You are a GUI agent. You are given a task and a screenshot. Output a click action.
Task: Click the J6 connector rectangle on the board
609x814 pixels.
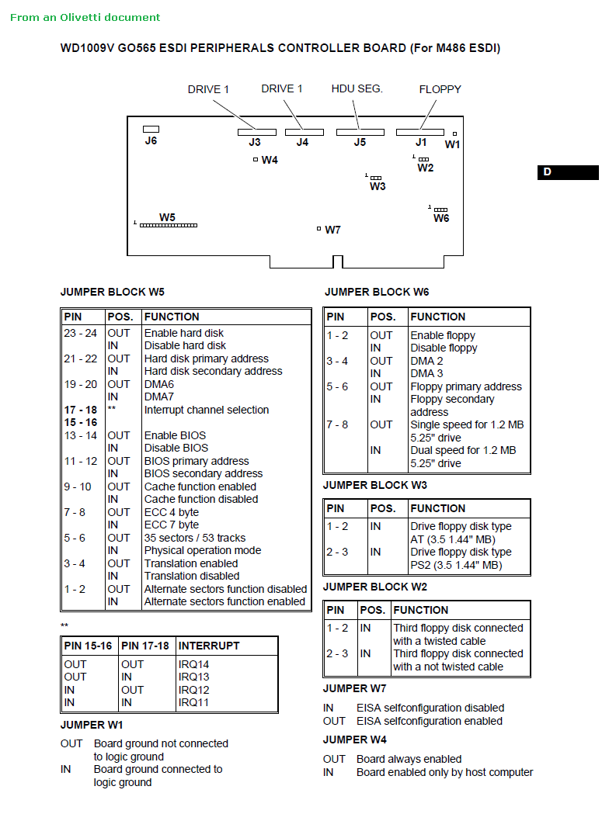coord(151,129)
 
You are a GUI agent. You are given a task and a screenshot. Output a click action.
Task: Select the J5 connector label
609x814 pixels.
coord(360,142)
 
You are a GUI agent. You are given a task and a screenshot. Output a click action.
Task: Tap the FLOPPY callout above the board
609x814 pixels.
coord(440,89)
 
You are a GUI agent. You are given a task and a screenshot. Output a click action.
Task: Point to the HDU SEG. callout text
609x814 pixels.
coord(357,88)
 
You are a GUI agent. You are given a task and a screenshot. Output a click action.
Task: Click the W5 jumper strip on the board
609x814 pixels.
coord(168,226)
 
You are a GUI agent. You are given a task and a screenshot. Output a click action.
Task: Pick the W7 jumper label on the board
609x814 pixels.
coord(332,230)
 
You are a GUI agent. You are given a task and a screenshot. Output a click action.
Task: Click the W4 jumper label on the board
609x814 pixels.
coord(270,160)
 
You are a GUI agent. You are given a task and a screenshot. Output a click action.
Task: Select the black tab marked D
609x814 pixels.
coord(568,172)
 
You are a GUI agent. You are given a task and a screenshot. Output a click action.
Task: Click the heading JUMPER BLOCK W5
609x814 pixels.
coord(113,293)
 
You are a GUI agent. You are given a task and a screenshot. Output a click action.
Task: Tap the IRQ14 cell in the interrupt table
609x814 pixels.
coord(194,664)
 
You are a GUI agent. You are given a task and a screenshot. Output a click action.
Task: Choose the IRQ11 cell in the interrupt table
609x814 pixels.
coord(194,702)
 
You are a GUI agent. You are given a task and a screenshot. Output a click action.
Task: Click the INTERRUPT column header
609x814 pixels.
coord(209,646)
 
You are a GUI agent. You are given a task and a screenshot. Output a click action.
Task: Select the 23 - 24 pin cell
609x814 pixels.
coord(81,333)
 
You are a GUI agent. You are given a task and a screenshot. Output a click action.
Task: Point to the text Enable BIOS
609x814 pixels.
coord(176,435)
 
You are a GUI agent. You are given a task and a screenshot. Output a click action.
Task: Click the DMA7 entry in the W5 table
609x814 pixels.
coord(159,397)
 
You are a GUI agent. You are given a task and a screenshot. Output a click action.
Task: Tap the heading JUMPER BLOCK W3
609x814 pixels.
coord(375,485)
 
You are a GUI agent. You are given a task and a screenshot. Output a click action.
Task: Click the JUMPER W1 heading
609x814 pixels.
coord(92,726)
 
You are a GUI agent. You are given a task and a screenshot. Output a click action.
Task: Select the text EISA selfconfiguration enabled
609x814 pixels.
coord(430,721)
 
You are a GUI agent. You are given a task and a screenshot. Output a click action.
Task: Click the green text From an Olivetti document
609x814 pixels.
coord(85,17)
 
